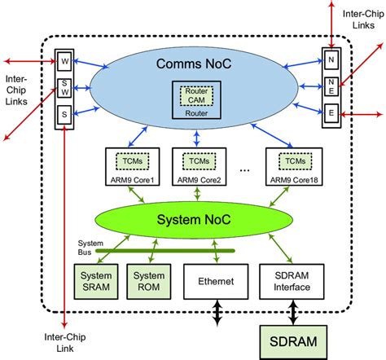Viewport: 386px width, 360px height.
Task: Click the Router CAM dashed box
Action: (194, 91)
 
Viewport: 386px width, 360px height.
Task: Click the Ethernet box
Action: (216, 281)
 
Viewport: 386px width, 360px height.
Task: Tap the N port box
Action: (330, 59)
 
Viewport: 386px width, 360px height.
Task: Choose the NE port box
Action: (330, 86)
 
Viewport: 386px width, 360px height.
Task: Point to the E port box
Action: (330, 112)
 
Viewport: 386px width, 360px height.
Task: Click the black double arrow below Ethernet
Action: (216, 314)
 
